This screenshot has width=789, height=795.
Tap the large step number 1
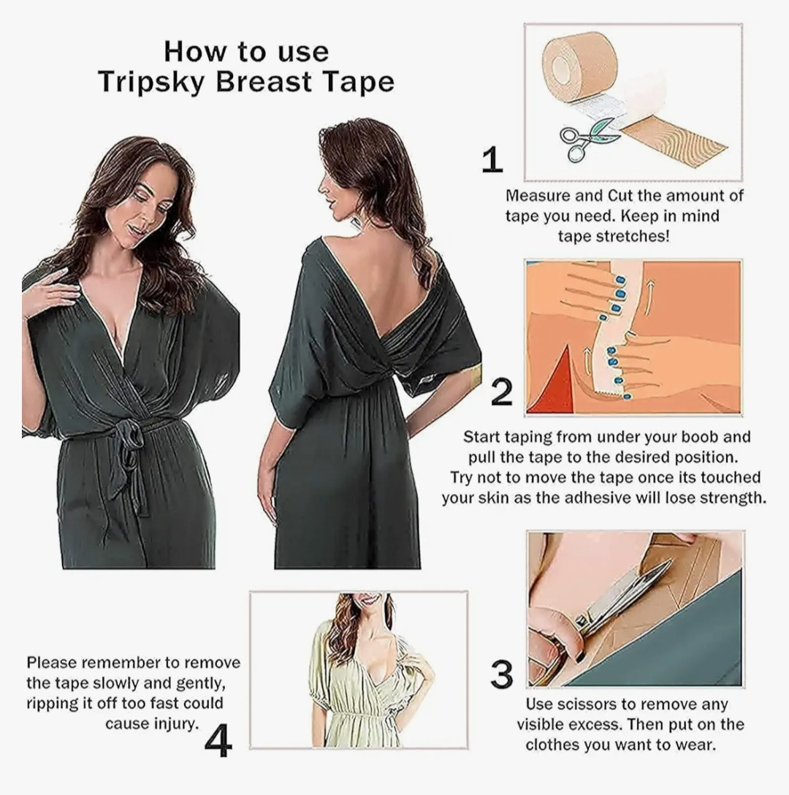tap(492, 160)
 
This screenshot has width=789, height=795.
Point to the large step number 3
tap(501, 675)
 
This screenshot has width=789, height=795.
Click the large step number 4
tap(218, 741)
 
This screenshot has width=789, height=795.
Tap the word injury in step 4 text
tap(172, 724)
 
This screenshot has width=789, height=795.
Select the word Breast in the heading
tap(263, 82)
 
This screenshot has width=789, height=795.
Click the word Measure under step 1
tap(536, 196)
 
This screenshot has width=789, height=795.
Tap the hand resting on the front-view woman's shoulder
tap(50, 292)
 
